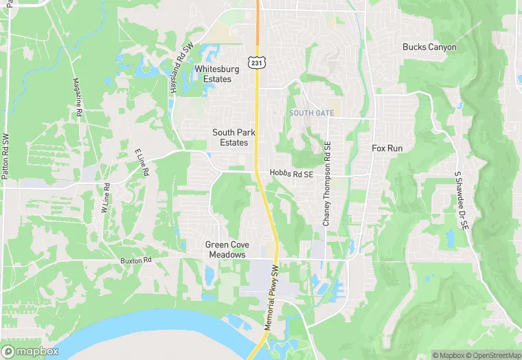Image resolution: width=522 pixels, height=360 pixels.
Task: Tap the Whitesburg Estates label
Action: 212,74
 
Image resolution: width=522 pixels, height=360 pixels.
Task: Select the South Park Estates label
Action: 230,137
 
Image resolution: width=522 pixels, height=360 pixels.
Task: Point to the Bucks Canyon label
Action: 429,47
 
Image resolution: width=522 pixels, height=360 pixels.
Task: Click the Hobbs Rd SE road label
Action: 291,175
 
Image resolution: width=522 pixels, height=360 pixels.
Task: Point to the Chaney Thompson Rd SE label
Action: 327,183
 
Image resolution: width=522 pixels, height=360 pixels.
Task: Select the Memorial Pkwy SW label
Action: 273,300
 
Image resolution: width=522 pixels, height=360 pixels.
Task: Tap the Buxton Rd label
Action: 135,261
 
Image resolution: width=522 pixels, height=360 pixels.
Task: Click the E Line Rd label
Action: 142,164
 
